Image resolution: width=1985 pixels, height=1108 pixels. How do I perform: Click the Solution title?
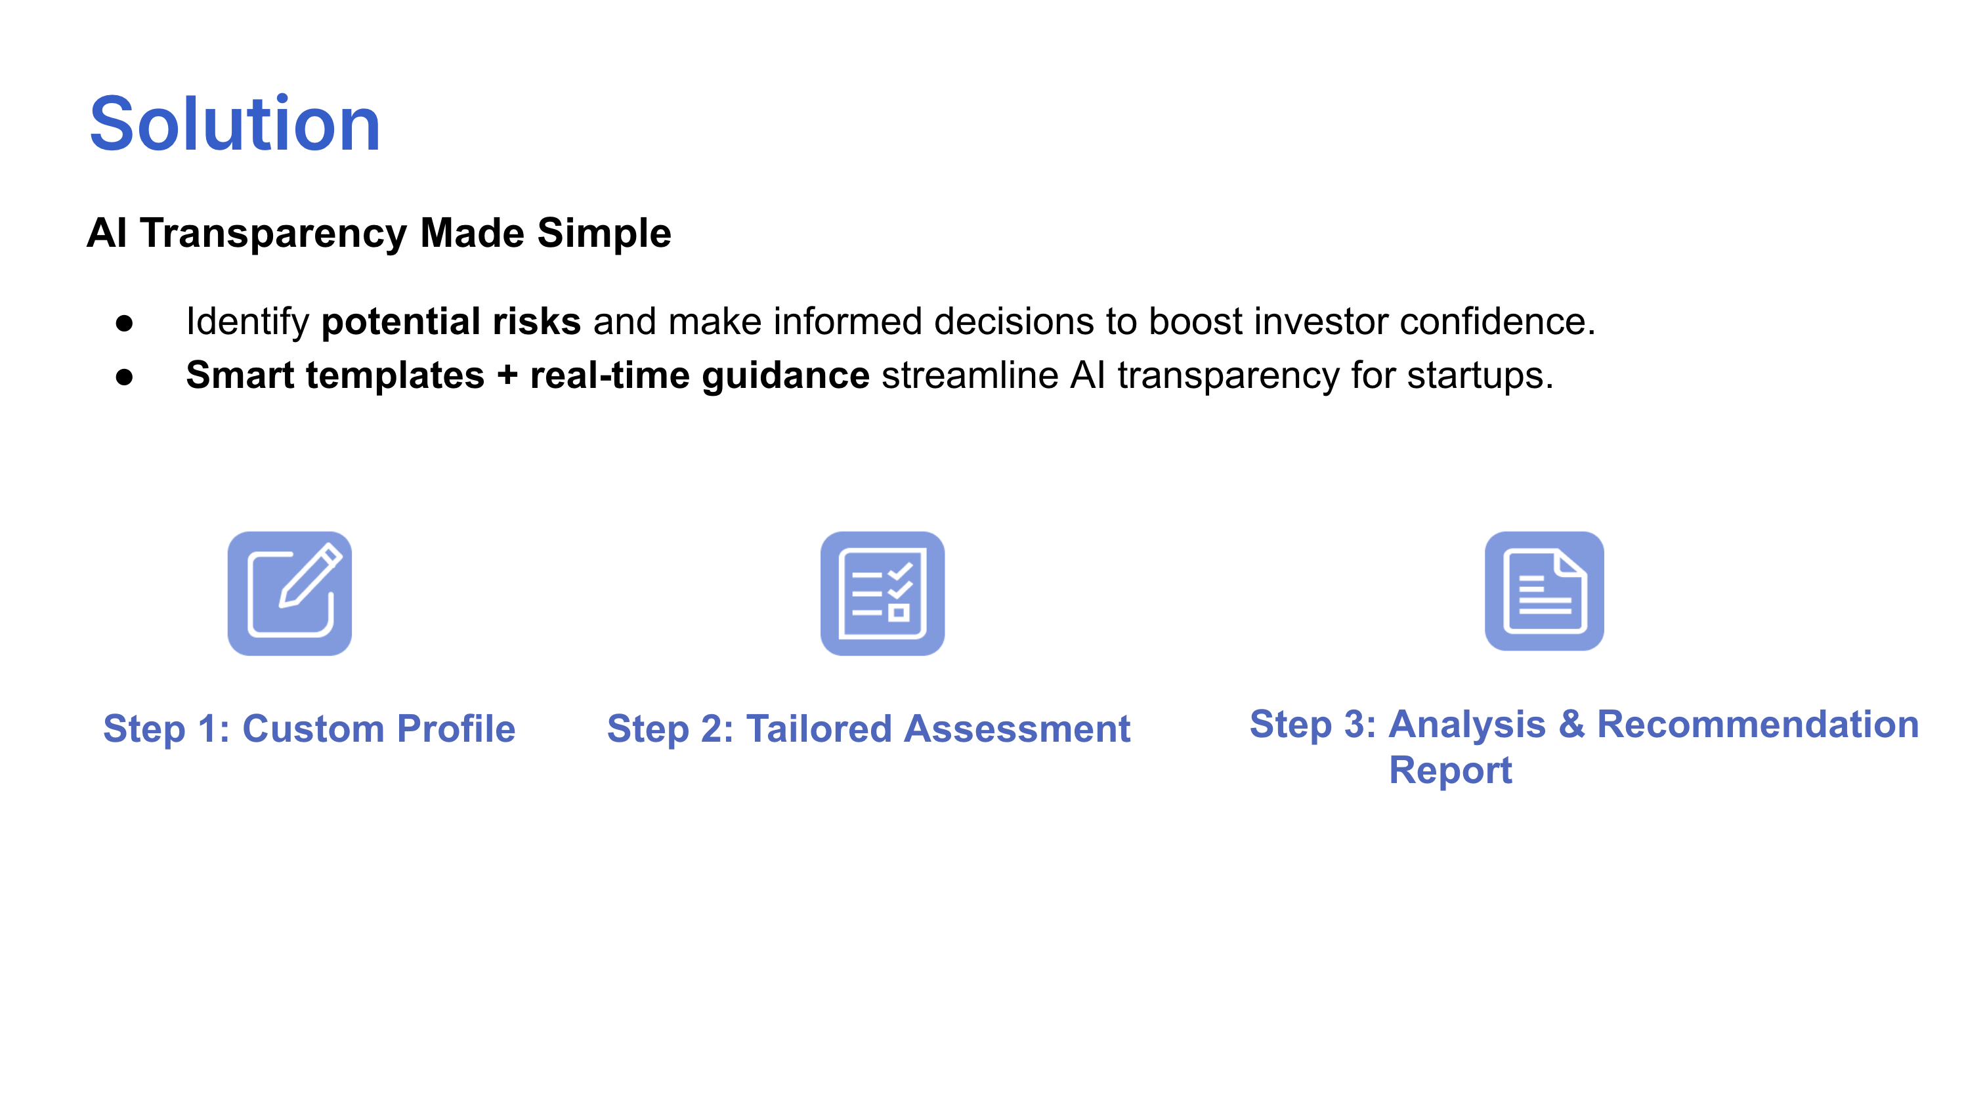235,124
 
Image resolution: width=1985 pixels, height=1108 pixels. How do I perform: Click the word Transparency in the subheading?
273,234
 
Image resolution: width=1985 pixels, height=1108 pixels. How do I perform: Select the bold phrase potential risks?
451,321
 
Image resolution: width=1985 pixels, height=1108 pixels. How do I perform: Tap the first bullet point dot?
124,324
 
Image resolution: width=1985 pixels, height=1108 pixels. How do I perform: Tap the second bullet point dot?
124,377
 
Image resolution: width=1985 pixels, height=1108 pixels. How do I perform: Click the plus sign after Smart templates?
507,376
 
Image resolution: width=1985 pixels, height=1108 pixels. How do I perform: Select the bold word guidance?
785,377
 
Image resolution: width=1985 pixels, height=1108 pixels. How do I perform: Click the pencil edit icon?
289,593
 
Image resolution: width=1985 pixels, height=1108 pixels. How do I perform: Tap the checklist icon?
882,593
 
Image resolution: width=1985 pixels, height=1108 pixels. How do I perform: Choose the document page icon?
1545,591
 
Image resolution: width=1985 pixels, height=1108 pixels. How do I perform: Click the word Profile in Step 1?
456,729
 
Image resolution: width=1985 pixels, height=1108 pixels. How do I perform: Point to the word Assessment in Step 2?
1017,729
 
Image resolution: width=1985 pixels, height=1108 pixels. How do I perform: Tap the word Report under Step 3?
1450,771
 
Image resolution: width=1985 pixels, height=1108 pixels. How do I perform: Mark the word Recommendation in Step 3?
1758,725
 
